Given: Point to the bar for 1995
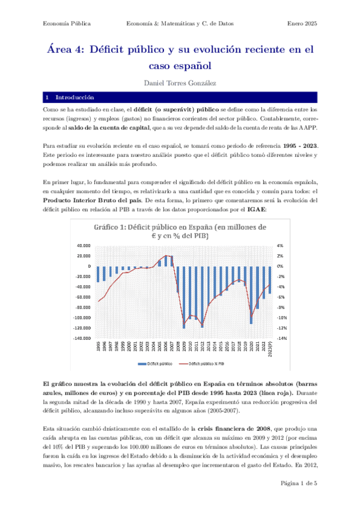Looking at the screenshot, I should click(x=98, y=274).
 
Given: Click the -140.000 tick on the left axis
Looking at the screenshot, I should click(x=81, y=338).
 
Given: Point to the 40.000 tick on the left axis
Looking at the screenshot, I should click(x=83, y=245).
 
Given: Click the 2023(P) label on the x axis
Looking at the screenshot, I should click(x=270, y=350).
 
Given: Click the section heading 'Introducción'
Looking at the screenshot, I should click(x=75, y=97).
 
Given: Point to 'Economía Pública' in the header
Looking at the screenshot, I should click(x=67, y=23).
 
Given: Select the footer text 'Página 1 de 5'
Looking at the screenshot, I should click(x=298, y=484).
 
